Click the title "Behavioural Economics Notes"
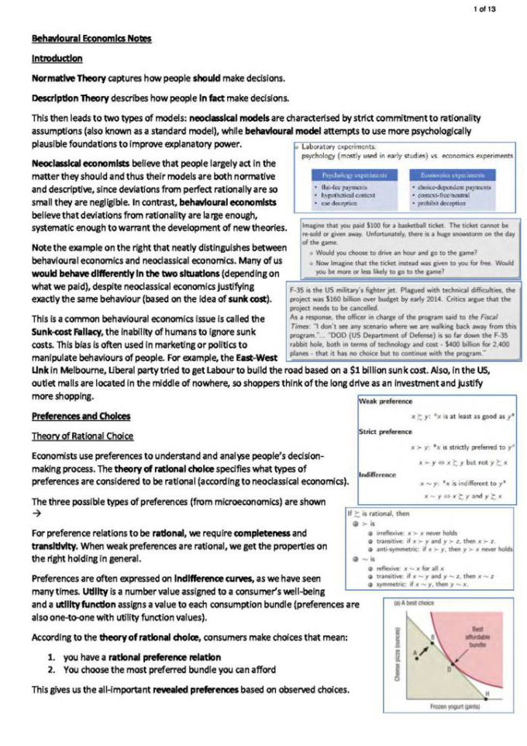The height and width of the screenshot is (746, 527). coord(91,39)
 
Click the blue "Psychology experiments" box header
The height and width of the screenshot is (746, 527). coord(350,176)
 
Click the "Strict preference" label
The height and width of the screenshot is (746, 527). coord(386,431)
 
